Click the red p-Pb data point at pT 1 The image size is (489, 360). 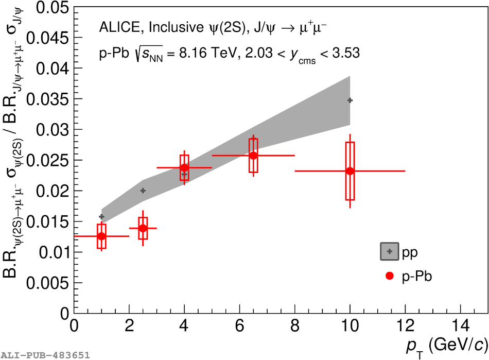point(101,236)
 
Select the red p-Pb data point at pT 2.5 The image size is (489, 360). point(143,228)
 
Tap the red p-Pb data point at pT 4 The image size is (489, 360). point(184,167)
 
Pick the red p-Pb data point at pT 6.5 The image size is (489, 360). point(253,156)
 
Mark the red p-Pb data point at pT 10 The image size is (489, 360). point(350,171)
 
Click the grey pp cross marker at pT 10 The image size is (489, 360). point(350,100)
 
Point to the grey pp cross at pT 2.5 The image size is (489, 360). point(143,191)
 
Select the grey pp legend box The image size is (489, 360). point(390,251)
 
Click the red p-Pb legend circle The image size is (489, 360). point(390,276)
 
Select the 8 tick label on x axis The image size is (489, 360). point(294,327)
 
